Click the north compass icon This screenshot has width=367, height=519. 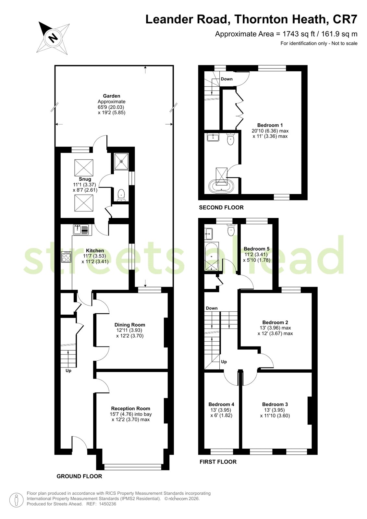click(x=53, y=38)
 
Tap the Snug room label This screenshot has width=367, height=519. click(x=85, y=179)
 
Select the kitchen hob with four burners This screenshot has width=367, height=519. click(x=66, y=257)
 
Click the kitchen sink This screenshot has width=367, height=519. click(x=81, y=230)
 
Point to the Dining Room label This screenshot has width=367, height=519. click(x=130, y=325)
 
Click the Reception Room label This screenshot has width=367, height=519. click(x=130, y=408)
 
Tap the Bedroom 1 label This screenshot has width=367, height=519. click(x=270, y=125)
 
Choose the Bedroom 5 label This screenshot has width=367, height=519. click(x=256, y=249)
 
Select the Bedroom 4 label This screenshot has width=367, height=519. click(x=221, y=404)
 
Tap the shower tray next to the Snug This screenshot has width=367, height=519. click(x=121, y=161)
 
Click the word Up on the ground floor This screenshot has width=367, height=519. click(x=68, y=371)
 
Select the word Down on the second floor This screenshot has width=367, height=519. click(x=226, y=79)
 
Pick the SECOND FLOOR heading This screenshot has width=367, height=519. click(x=221, y=208)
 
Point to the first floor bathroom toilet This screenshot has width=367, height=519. click(x=231, y=230)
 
